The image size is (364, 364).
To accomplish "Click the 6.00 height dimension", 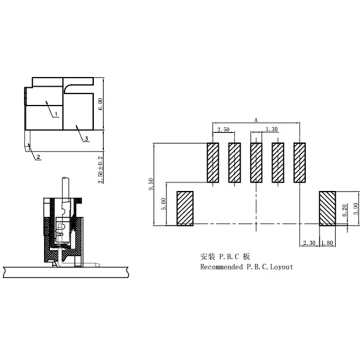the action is [x=101, y=104].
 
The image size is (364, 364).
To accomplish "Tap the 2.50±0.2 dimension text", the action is [x=101, y=170].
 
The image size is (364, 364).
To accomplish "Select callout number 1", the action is [x=56, y=114].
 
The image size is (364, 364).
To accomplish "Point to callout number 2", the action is [x=38, y=157].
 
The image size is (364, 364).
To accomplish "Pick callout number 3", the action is [x=86, y=139].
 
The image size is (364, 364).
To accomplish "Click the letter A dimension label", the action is [x=256, y=120].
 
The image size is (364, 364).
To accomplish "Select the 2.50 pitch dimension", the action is [x=223, y=129].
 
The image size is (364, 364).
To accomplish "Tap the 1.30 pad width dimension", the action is [x=272, y=129].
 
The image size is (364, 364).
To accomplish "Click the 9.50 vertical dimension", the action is [x=151, y=184].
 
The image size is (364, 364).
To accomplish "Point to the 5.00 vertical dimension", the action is [x=164, y=204].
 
